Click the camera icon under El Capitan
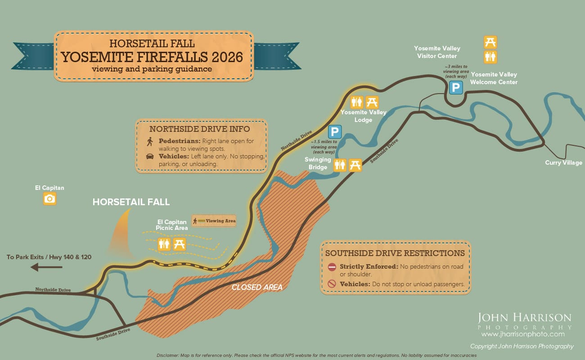coord(50,198)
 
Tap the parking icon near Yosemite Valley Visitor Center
coord(456,88)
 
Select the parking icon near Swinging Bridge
coord(334,132)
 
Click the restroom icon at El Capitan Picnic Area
coord(164,244)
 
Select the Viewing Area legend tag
coord(214,220)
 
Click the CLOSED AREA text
coord(257,287)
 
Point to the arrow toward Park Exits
coord(46,267)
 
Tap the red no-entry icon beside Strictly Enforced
coord(332,267)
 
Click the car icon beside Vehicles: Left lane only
coord(150,157)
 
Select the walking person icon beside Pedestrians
coord(150,141)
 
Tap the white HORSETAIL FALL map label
coord(131,202)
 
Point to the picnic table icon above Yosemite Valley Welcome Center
coord(490,42)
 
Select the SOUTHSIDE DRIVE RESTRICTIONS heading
coord(395,253)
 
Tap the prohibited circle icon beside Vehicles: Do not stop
coord(332,284)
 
